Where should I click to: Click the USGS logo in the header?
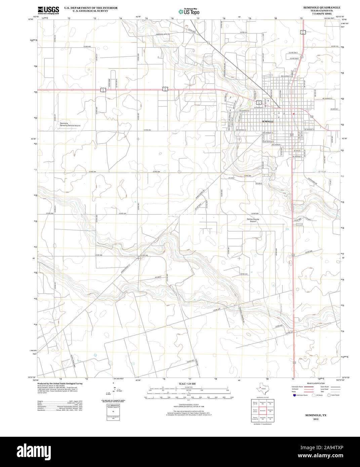click(x=48, y=10)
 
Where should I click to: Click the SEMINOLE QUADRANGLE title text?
click(x=321, y=7)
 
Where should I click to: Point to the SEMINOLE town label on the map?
click(x=268, y=121)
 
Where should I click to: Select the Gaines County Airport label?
click(x=253, y=220)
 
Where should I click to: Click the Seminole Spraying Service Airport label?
click(x=70, y=125)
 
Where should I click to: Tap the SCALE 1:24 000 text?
click(x=187, y=384)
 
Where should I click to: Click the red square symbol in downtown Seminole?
click(x=293, y=114)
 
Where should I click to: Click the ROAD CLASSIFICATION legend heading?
click(x=316, y=383)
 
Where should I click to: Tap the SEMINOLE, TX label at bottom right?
click(x=315, y=415)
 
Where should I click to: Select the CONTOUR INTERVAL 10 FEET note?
click(x=187, y=405)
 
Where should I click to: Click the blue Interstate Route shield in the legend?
click(x=294, y=395)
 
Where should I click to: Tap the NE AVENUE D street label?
click(x=325, y=98)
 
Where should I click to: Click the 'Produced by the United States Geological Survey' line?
click(x=60, y=383)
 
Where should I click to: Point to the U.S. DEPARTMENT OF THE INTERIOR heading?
click(x=91, y=8)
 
